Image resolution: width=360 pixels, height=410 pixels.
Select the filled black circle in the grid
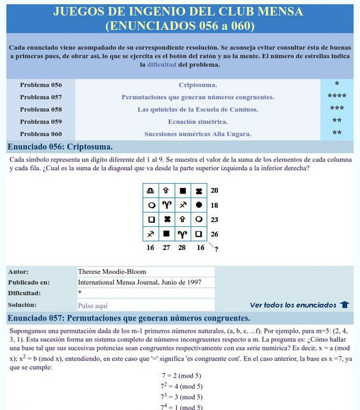[x=198, y=204]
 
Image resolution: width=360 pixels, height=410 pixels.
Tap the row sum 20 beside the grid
[x=214, y=190]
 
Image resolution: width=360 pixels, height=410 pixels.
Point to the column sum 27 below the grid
[x=166, y=247]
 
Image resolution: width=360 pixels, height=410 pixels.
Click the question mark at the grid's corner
[x=217, y=249]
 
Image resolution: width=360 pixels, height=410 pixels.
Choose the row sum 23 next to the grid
[x=214, y=219]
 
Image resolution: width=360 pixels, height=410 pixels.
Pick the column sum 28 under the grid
[x=182, y=247]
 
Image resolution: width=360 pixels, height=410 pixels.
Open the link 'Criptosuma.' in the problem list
[x=197, y=85]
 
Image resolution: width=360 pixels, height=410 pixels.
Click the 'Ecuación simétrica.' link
[x=197, y=122]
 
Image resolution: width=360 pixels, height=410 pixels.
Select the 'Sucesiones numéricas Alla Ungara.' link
[x=197, y=134]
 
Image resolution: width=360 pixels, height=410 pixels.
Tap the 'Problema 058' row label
[x=41, y=109]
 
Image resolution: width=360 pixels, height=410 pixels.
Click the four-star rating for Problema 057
[x=336, y=96]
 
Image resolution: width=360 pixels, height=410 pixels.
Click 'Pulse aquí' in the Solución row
[x=93, y=305]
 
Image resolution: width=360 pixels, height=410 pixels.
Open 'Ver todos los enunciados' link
[x=293, y=305]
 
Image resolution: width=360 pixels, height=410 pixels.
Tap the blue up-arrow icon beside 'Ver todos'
[x=345, y=305]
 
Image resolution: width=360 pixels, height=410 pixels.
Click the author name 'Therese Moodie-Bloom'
[x=112, y=271]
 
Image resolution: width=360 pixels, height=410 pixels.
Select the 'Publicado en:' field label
[x=29, y=282]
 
